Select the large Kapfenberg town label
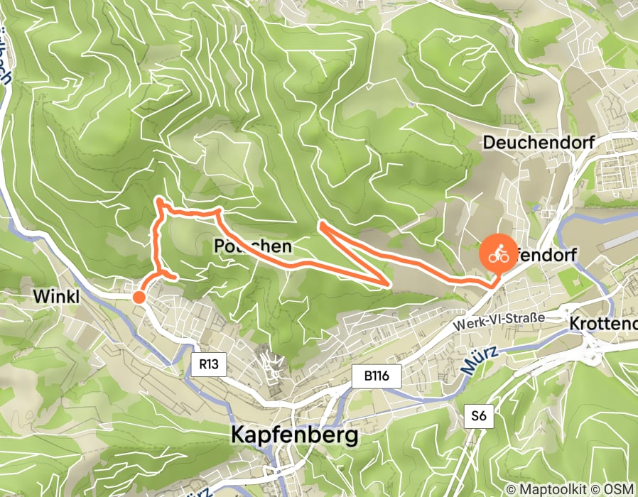(295, 435)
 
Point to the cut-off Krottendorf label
(603, 323)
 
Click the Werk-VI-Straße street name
(498, 320)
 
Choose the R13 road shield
(208, 366)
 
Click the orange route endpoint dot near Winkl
(140, 297)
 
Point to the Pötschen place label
(252, 246)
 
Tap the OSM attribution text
(620, 489)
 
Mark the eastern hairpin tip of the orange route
(390, 285)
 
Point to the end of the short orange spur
(175, 276)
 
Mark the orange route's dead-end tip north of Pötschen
(321, 224)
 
